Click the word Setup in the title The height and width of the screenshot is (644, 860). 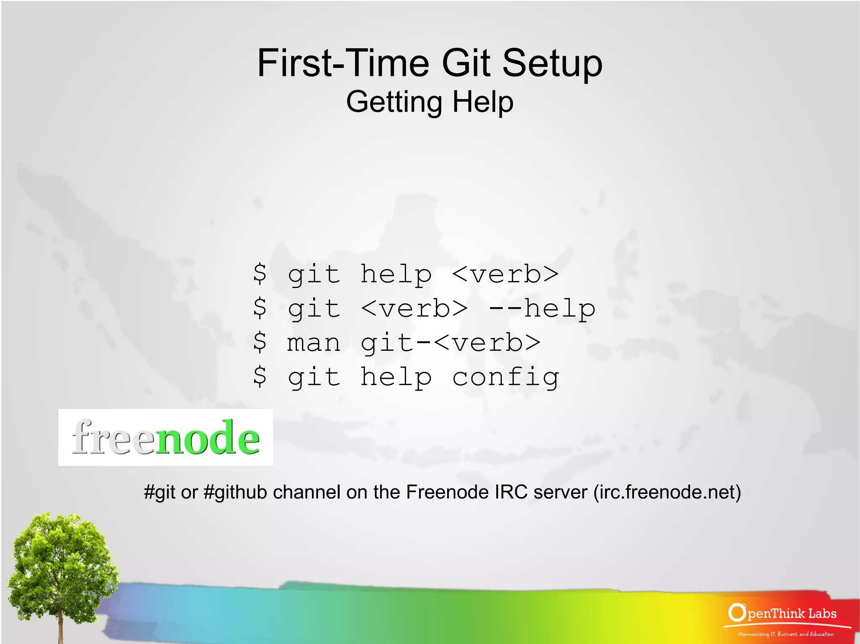tap(552, 63)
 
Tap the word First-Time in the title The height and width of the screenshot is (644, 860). tap(343, 63)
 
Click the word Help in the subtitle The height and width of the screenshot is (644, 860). tap(483, 102)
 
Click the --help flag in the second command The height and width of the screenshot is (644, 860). tap(542, 309)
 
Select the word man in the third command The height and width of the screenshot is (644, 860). tap(313, 343)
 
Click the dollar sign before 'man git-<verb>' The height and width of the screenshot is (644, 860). tap(260, 342)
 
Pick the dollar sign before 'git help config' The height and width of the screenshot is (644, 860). tap(260, 376)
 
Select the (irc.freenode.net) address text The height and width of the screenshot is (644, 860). tap(667, 492)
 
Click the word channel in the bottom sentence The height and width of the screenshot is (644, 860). tap(307, 492)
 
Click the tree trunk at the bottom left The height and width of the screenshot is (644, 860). tap(60, 625)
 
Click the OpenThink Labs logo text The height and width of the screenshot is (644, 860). tap(783, 614)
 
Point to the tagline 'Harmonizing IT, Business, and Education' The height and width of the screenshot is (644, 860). tap(786, 634)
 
